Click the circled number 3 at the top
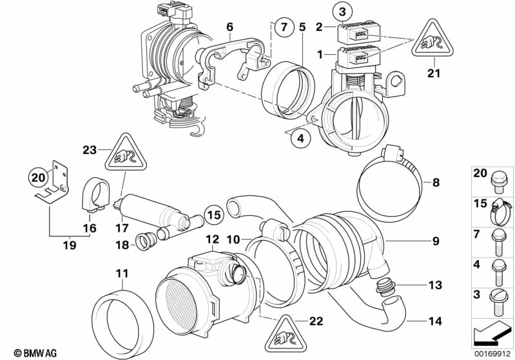(343, 11)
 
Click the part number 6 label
(229, 26)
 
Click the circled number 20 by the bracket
(38, 176)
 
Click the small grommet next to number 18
(144, 240)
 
